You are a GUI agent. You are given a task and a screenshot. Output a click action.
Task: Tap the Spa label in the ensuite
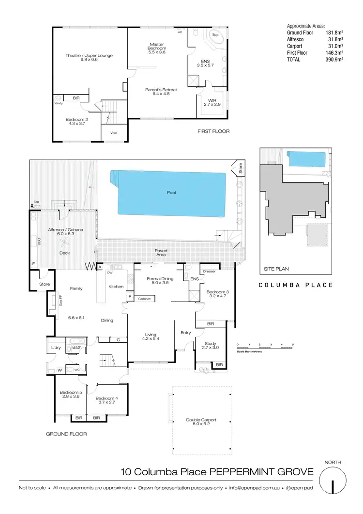pyautogui.click(x=215, y=35)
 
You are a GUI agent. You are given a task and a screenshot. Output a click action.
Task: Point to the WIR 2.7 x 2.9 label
pyautogui.click(x=212, y=102)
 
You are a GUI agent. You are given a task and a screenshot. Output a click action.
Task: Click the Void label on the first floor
pyautogui.click(x=114, y=133)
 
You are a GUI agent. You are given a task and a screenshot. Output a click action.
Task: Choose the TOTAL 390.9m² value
pyautogui.click(x=334, y=59)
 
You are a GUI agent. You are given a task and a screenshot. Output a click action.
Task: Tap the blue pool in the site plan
pyautogui.click(x=303, y=159)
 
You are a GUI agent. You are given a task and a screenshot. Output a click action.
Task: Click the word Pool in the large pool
pyautogui.click(x=171, y=193)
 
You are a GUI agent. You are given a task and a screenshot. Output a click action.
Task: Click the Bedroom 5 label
pyautogui.click(x=69, y=394)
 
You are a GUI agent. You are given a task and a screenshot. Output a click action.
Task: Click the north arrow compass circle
pyautogui.click(x=334, y=485)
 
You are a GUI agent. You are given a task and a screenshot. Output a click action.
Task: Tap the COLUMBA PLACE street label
pyautogui.click(x=295, y=285)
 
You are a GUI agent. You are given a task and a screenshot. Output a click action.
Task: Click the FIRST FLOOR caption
pyautogui.click(x=213, y=131)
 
